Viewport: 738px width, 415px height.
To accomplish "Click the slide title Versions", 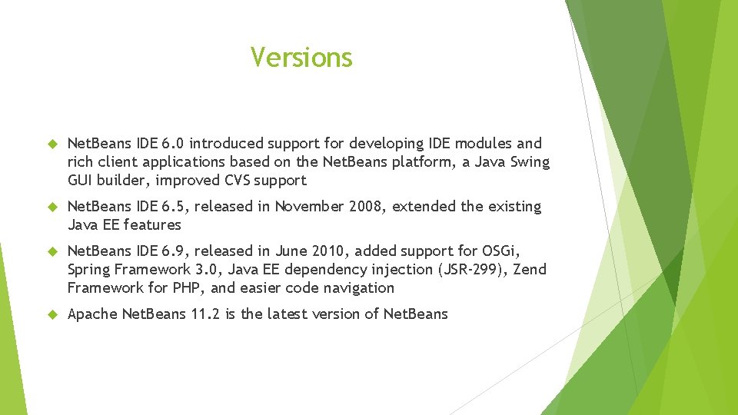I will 301,58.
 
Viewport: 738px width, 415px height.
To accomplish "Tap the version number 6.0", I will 171,144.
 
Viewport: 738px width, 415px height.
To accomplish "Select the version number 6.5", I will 171,207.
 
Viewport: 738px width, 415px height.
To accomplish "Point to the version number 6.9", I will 171,251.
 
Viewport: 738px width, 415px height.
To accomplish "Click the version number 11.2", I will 204,314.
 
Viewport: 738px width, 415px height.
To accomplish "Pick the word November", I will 311,207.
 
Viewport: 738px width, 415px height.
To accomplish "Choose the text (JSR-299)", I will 470,270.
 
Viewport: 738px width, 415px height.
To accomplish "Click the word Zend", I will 529,270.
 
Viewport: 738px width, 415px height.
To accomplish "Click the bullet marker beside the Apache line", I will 53,314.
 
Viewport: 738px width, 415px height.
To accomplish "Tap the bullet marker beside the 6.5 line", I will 53,207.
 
